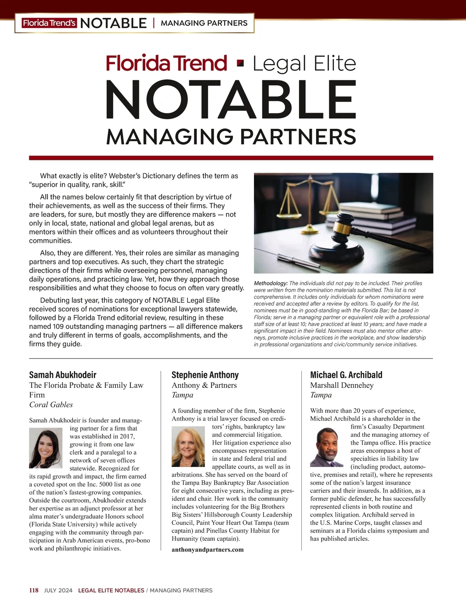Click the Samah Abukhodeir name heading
(x=63, y=375)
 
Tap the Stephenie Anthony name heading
(x=205, y=375)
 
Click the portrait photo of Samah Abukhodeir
(x=45, y=448)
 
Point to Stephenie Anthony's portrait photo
(x=188, y=446)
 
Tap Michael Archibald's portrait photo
(x=327, y=447)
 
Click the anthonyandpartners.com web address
(x=207, y=549)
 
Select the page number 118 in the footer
(x=34, y=590)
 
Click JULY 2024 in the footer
(x=58, y=590)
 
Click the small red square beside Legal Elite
(x=240, y=63)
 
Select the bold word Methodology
(x=271, y=283)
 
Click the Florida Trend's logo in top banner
(x=49, y=23)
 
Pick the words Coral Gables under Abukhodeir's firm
(x=51, y=405)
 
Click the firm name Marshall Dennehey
(x=342, y=385)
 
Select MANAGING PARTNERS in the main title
(x=231, y=137)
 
